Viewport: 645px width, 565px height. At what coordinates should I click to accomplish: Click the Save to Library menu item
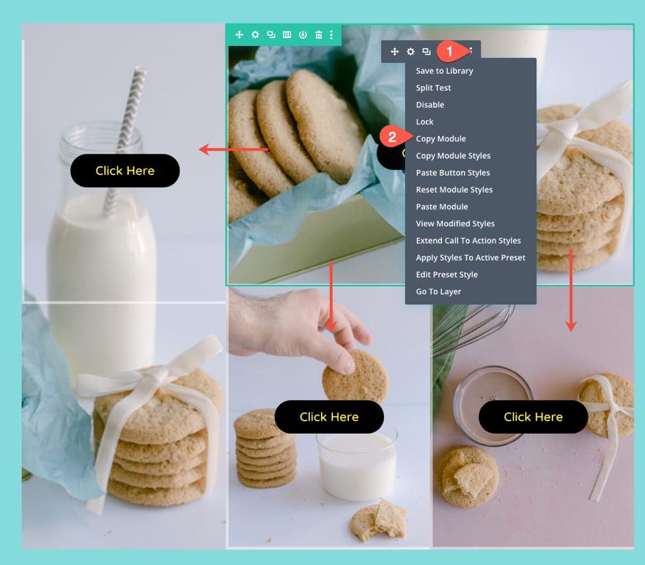coord(444,71)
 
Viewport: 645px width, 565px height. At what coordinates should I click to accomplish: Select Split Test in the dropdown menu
coord(433,88)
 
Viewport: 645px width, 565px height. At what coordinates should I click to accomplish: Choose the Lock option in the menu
coord(424,122)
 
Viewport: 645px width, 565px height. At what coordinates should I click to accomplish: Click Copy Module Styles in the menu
coord(453,156)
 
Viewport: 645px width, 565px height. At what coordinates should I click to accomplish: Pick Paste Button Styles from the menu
coord(452,173)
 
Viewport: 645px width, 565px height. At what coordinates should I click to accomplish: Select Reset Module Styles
coord(454,190)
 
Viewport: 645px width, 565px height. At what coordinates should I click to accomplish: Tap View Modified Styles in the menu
coord(454,224)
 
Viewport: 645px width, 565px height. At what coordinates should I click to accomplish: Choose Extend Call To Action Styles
coord(468,241)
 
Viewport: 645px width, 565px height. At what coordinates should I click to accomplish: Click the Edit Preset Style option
coord(446,274)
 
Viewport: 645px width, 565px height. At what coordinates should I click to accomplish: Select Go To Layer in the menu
coord(438,291)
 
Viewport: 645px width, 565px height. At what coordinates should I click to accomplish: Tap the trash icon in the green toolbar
coord(318,34)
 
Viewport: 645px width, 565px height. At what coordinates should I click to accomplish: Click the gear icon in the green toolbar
coord(255,34)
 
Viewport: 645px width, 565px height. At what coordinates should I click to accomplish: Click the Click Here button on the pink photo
coord(533,416)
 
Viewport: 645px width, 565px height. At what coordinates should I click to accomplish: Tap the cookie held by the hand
coord(355,375)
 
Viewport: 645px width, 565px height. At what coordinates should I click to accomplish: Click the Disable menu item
coord(430,105)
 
